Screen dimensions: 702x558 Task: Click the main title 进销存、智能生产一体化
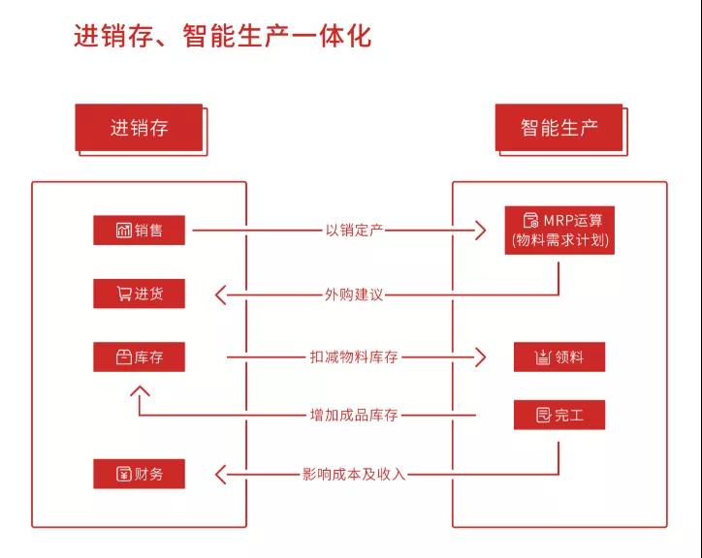[x=222, y=36]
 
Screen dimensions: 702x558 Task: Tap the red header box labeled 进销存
[x=139, y=128]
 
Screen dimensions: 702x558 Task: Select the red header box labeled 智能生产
[x=558, y=128]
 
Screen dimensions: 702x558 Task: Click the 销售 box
[x=139, y=230]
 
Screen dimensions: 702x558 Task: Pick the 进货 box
[x=139, y=294]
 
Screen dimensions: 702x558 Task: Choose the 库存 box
[x=139, y=356]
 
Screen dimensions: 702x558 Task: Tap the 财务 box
[x=139, y=474]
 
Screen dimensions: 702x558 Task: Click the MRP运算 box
[x=559, y=231]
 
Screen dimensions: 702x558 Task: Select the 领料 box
[x=559, y=356]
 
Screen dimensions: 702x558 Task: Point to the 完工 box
[x=559, y=415]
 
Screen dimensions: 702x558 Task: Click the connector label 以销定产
[x=354, y=231]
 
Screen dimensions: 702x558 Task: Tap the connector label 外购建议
[x=354, y=294]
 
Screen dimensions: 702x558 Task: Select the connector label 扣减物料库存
[x=354, y=357]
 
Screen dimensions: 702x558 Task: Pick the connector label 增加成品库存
[x=354, y=415]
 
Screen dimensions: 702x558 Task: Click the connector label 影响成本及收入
[x=354, y=474]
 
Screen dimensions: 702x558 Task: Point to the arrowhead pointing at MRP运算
[x=481, y=231]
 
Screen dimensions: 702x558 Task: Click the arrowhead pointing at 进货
[x=220, y=294]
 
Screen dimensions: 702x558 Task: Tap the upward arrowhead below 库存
[x=140, y=391]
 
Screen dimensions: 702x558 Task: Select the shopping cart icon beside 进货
[x=123, y=294]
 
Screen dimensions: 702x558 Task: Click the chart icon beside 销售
[x=123, y=230]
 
